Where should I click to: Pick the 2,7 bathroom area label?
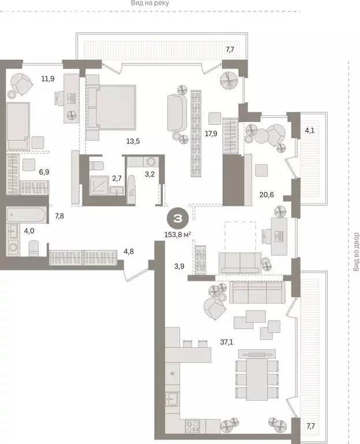click(117, 179)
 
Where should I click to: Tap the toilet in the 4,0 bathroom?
click(34, 248)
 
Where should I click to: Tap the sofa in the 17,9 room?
click(176, 113)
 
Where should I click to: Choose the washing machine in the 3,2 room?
click(152, 162)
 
